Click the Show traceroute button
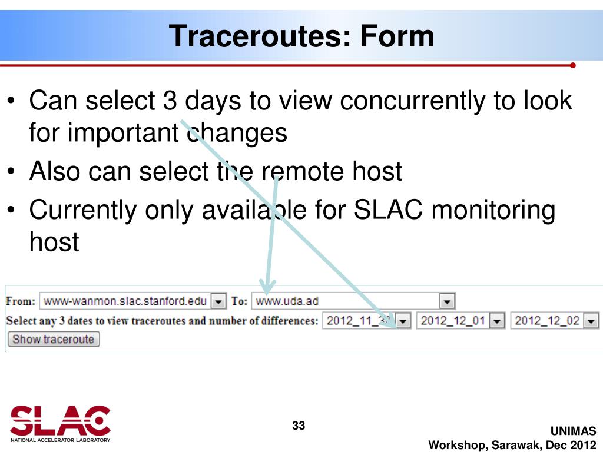click(x=54, y=340)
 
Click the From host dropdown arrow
click(x=218, y=301)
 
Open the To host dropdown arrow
click(x=447, y=301)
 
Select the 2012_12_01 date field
click(x=453, y=321)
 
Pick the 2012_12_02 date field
click(x=547, y=321)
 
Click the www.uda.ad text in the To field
click(x=287, y=301)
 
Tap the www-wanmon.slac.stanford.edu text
click(x=125, y=301)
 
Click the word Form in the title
click(x=397, y=36)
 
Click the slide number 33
click(x=299, y=426)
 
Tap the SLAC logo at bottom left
click(x=61, y=423)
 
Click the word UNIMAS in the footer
click(x=573, y=431)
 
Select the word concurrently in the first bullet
click(x=413, y=101)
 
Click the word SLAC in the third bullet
click(x=388, y=210)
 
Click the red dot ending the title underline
click(x=572, y=65)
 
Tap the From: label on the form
click(x=21, y=301)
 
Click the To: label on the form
click(x=239, y=301)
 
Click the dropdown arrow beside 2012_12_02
click(x=591, y=321)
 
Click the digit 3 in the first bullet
click(x=170, y=101)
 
